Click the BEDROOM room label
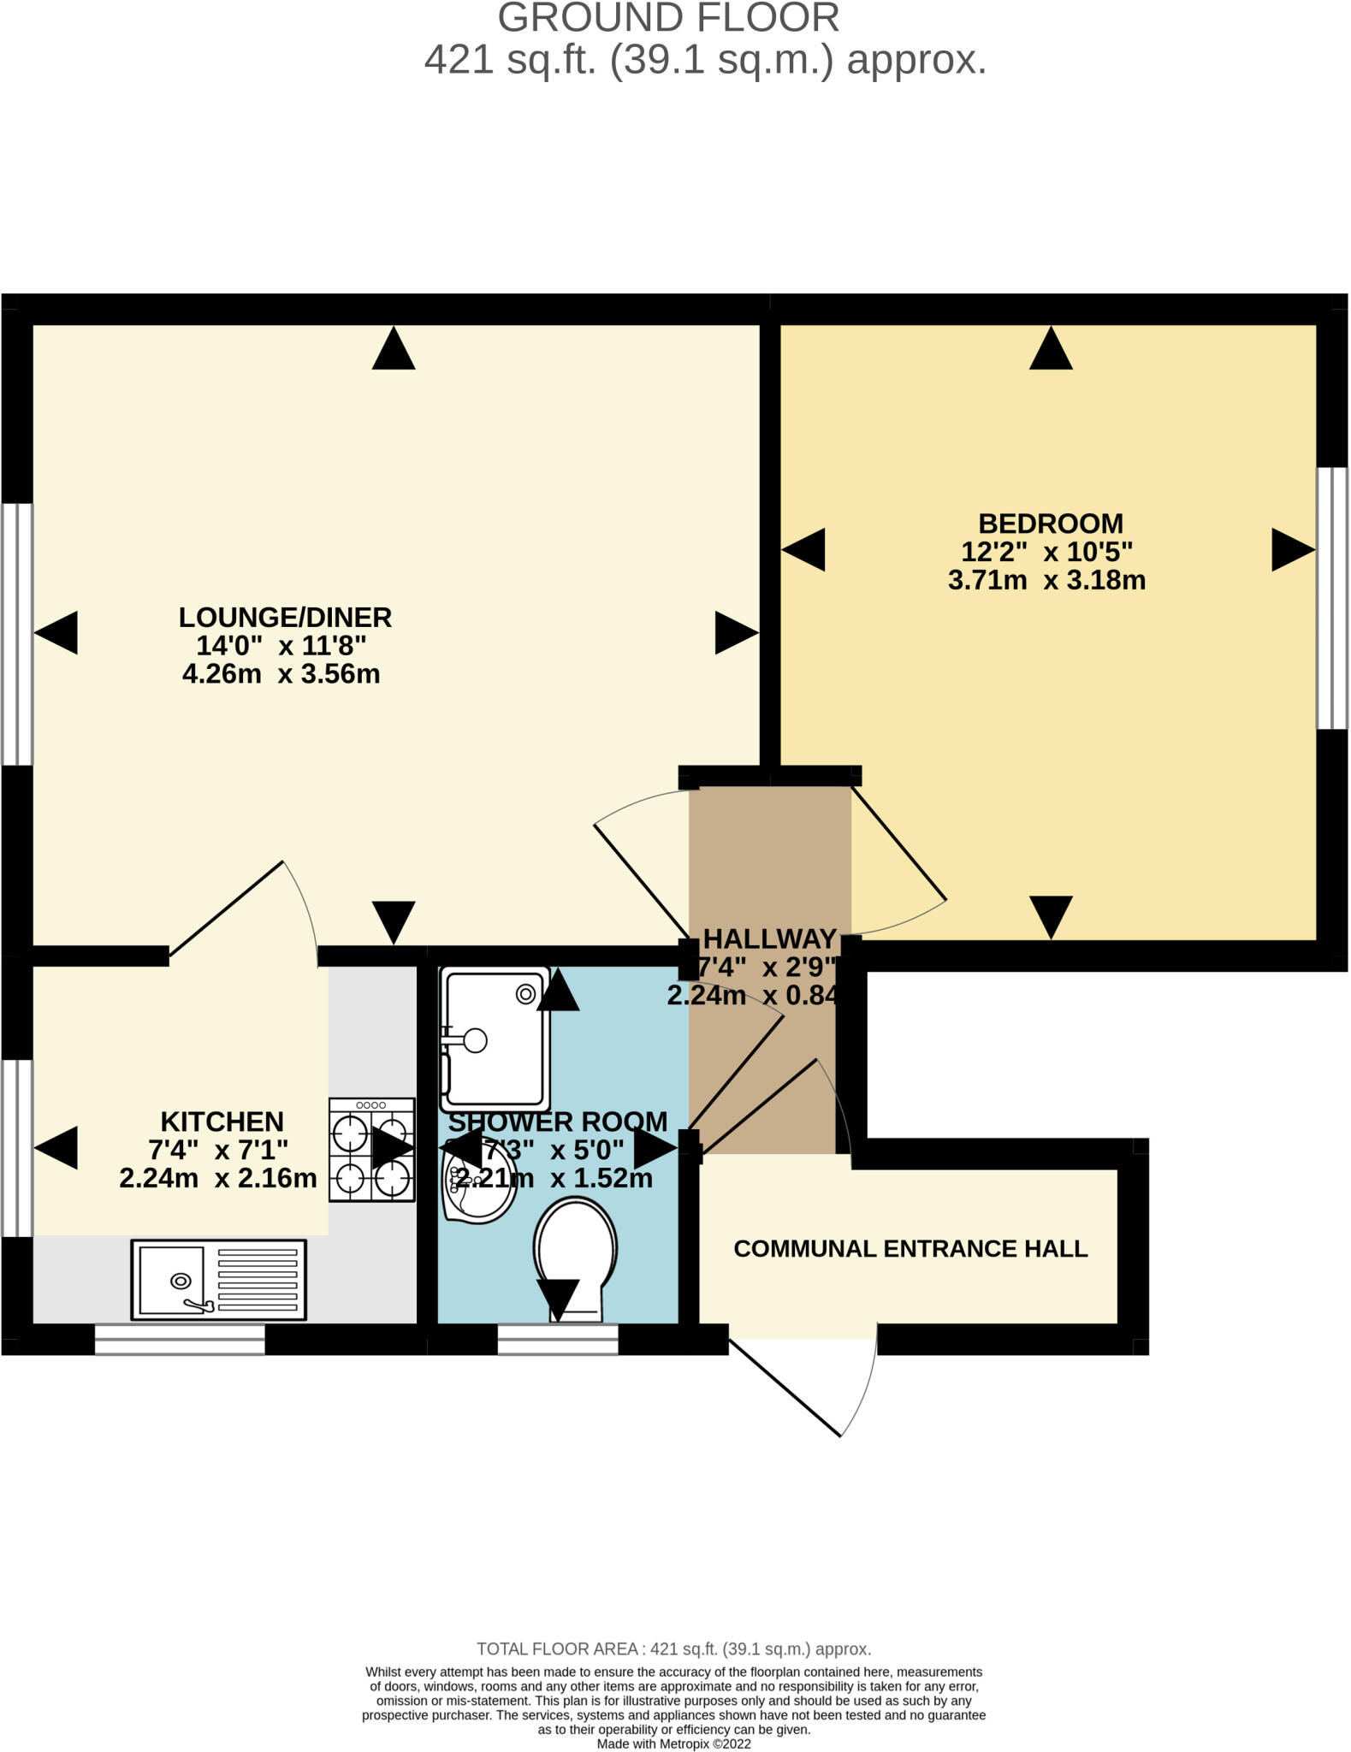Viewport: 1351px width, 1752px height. (x=1050, y=524)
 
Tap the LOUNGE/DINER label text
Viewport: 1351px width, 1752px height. (x=285, y=617)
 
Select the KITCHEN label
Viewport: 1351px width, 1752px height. (x=222, y=1122)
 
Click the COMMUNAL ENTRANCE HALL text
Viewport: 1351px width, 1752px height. (x=910, y=1249)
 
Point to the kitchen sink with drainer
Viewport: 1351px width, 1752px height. (x=218, y=1280)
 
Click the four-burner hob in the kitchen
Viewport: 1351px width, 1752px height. (x=371, y=1150)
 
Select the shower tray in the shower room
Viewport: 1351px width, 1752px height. (x=495, y=1037)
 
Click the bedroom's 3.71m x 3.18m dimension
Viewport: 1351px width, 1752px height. (x=1046, y=580)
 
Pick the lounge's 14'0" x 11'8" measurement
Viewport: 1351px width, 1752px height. (x=281, y=645)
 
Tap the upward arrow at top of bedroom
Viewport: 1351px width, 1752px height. (x=1051, y=348)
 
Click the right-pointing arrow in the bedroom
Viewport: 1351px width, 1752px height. (x=1292, y=549)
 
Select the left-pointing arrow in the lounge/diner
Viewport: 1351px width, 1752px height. (x=56, y=633)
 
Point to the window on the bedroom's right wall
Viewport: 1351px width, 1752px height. (x=1331, y=597)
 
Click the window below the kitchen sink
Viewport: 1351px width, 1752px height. (x=180, y=1340)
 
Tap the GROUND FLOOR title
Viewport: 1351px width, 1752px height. (x=668, y=19)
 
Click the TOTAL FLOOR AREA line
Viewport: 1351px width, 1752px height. (x=673, y=1648)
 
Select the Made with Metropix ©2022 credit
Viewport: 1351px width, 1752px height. (x=673, y=1743)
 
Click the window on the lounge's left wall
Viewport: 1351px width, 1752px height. (x=17, y=633)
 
